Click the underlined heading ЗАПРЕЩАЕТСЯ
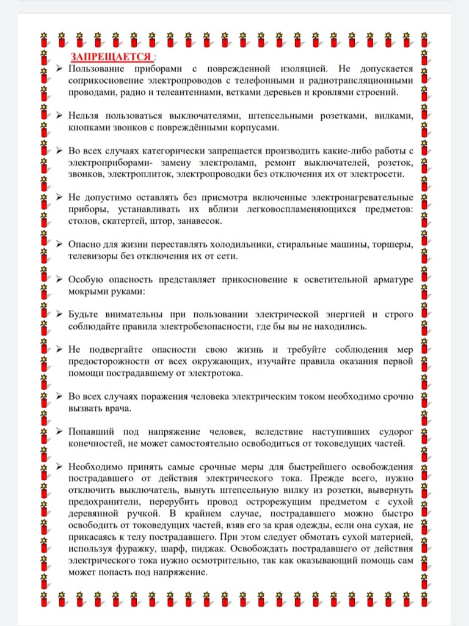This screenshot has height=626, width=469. (x=111, y=57)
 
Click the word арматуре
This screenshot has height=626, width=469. (x=390, y=279)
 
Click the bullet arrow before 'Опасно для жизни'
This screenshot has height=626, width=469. (x=59, y=244)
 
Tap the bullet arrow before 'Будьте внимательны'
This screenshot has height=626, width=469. (x=59, y=314)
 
